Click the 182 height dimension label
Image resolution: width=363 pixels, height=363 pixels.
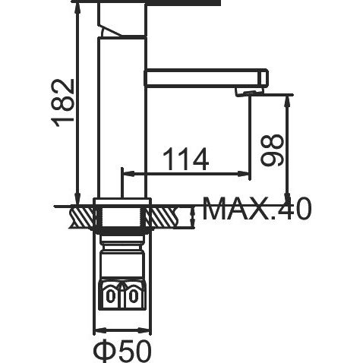click(63, 103)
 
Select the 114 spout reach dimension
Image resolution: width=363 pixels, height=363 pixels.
click(185, 159)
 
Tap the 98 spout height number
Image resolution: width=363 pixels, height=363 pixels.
click(272, 150)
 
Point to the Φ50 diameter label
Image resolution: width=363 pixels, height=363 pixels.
click(122, 350)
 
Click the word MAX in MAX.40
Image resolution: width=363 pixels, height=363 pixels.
click(238, 209)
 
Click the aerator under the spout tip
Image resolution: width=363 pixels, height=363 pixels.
click(250, 91)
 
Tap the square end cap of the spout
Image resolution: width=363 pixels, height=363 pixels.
click(264, 77)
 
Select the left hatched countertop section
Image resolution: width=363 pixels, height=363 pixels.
click(83, 216)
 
